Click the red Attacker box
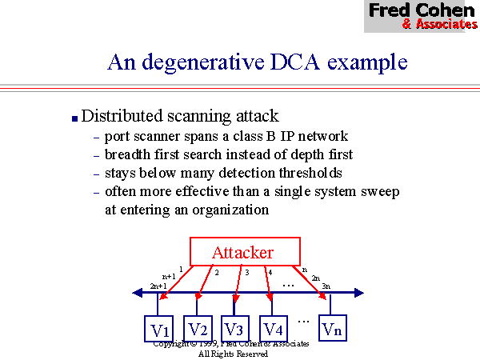pyautogui.click(x=244, y=252)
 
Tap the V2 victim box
pyautogui.click(x=198, y=328)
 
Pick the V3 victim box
pyautogui.click(x=234, y=328)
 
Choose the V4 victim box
pyautogui.click(x=274, y=328)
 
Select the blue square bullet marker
pyautogui.click(x=74, y=118)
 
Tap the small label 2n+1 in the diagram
pyautogui.click(x=158, y=286)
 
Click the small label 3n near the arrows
pyautogui.click(x=326, y=286)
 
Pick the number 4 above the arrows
pyautogui.click(x=270, y=273)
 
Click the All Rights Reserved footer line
pyautogui.click(x=233, y=353)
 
